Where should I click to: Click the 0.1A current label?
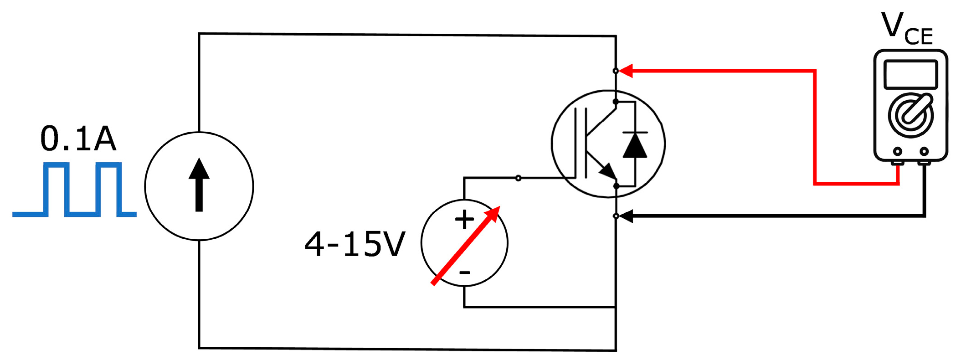[78, 139]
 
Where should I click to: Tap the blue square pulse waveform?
[74, 189]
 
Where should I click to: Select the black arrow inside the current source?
[199, 185]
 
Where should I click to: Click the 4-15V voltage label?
[355, 245]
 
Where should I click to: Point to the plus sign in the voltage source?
[464, 220]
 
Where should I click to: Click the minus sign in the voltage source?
[464, 273]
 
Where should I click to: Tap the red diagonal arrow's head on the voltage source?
[493, 214]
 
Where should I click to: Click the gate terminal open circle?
[518, 178]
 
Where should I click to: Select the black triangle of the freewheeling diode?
[635, 146]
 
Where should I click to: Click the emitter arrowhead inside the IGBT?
[608, 172]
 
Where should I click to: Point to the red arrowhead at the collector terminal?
[625, 71]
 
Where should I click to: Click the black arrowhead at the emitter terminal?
[626, 216]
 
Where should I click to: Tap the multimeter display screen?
[910, 74]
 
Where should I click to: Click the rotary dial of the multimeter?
[910, 115]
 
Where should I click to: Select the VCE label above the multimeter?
[907, 30]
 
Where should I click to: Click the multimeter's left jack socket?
[897, 151]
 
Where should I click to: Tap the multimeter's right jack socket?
[924, 151]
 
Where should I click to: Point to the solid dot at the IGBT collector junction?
[616, 102]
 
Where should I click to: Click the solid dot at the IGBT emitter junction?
[616, 186]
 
